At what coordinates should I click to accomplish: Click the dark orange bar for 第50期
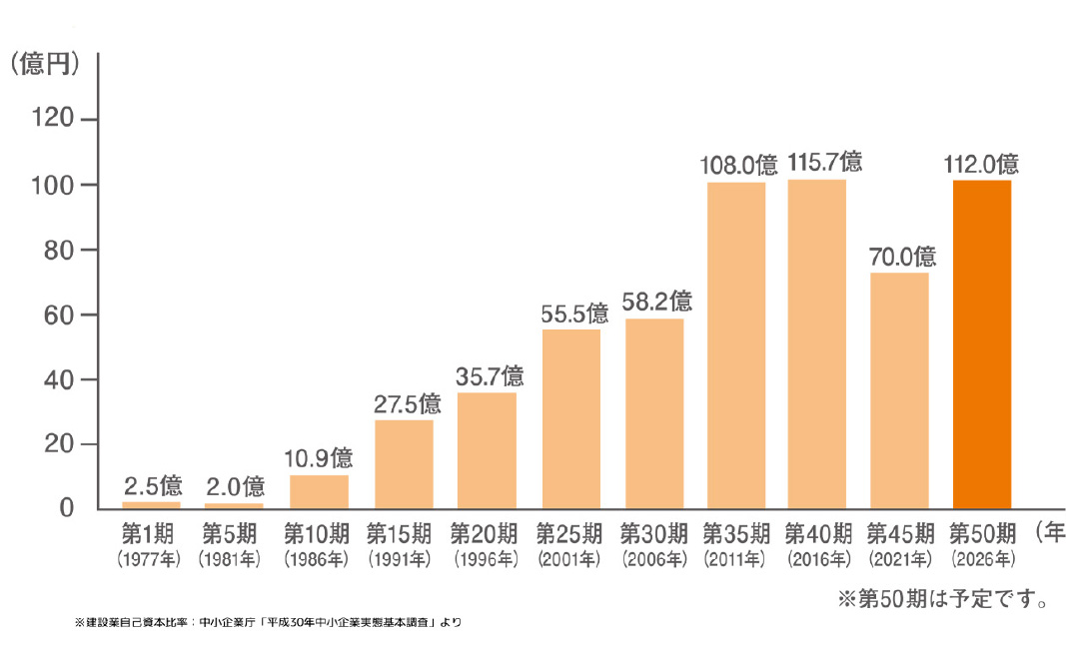coord(982,343)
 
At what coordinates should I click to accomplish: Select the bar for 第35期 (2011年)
coord(736,344)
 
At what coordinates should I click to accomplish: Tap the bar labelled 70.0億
coord(899,389)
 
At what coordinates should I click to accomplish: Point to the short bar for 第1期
coord(152,504)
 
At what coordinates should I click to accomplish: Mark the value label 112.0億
coord(981,163)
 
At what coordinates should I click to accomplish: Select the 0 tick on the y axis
coord(68,508)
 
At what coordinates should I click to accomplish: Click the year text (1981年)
coord(233,557)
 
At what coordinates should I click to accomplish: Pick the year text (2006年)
coord(655,557)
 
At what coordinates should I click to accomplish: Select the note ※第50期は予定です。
coord(941,600)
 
